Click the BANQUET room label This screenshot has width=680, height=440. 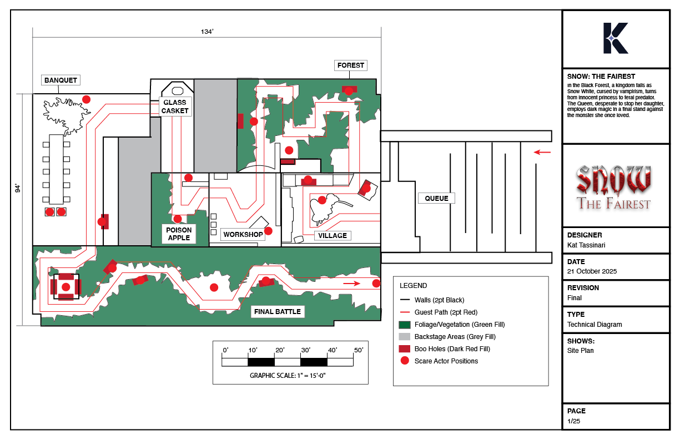pyautogui.click(x=61, y=80)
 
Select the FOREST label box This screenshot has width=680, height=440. pyautogui.click(x=351, y=65)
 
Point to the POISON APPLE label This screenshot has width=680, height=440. pyautogui.click(x=179, y=234)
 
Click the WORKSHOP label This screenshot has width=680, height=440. pyautogui.click(x=243, y=235)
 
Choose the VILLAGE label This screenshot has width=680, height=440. pyautogui.click(x=333, y=235)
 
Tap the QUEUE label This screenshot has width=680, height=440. pyautogui.click(x=436, y=198)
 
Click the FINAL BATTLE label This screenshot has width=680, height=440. pyautogui.click(x=277, y=312)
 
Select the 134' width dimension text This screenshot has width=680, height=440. pyautogui.click(x=207, y=32)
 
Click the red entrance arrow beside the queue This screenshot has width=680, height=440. pyautogui.click(x=542, y=152)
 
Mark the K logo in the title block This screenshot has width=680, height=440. pyautogui.click(x=616, y=38)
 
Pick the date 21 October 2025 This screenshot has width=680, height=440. pyautogui.click(x=592, y=271)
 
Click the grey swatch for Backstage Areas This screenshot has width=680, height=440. pyautogui.click(x=405, y=337)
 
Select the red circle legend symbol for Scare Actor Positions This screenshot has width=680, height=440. pyautogui.click(x=405, y=361)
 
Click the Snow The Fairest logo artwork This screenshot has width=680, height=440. pyautogui.click(x=614, y=188)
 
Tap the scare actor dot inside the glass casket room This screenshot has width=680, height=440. pyautogui.click(x=188, y=178)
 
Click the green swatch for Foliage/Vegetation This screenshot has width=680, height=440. pyautogui.click(x=405, y=325)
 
